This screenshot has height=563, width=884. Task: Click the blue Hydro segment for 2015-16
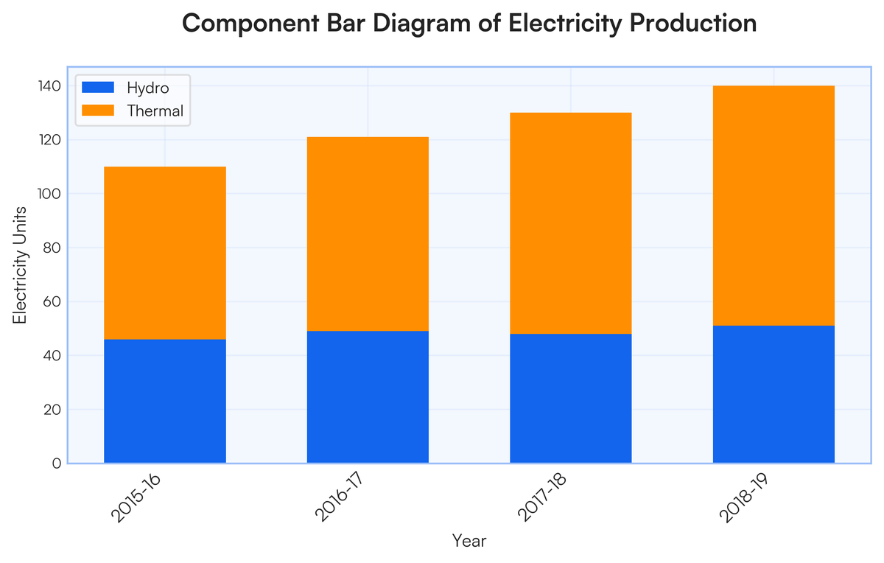click(x=165, y=401)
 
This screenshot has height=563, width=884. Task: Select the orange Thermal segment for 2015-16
click(x=165, y=253)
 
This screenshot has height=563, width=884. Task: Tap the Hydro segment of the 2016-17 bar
click(x=368, y=397)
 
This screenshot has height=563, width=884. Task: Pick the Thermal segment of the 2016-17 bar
click(x=368, y=234)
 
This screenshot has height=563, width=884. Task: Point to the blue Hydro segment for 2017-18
click(x=571, y=399)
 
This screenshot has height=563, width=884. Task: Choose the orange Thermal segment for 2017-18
click(x=571, y=223)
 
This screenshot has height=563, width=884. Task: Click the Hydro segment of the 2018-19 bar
click(x=773, y=394)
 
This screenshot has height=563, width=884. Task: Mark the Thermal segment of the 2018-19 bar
click(x=773, y=206)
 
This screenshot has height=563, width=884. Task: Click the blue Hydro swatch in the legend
click(x=98, y=88)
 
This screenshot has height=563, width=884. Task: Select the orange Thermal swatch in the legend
click(x=98, y=111)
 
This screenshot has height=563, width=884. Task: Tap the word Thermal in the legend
click(x=155, y=111)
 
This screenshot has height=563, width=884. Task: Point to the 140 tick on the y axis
click(x=49, y=86)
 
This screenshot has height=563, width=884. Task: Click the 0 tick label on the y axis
click(x=56, y=464)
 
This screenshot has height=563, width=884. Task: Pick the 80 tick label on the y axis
click(x=52, y=248)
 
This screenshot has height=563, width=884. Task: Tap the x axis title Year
click(x=469, y=541)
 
